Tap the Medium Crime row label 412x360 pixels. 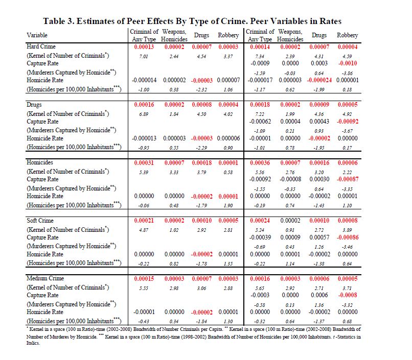coord(44,278)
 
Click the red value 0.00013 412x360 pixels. coord(143,46)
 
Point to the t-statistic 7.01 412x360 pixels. coord(143,56)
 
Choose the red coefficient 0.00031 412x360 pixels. coord(143,162)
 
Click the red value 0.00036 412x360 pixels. coord(259,162)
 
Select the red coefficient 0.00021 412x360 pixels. coord(143,220)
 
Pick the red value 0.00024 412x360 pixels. coord(259,220)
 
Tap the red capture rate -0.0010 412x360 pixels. coord(348,63)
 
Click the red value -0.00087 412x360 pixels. coord(348,179)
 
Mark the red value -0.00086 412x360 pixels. coord(348,237)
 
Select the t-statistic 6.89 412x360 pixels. coord(143,114)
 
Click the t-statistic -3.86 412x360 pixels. coord(348,74)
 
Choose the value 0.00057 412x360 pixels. coord(319,237)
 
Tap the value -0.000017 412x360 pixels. coord(259,80)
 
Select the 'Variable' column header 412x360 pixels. coord(37,35)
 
